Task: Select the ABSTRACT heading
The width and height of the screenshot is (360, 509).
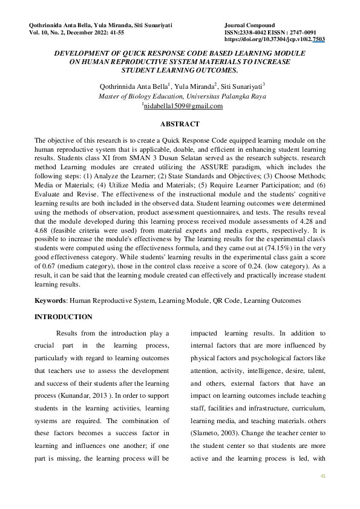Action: (x=180, y=124)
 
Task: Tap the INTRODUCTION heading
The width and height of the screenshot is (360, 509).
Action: (x=64, y=317)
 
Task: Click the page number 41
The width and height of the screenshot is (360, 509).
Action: (x=323, y=477)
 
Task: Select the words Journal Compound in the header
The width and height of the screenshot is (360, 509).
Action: (x=249, y=25)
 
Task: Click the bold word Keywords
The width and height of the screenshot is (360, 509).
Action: (x=51, y=300)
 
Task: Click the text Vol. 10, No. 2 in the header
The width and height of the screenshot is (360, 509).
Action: (x=48, y=33)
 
